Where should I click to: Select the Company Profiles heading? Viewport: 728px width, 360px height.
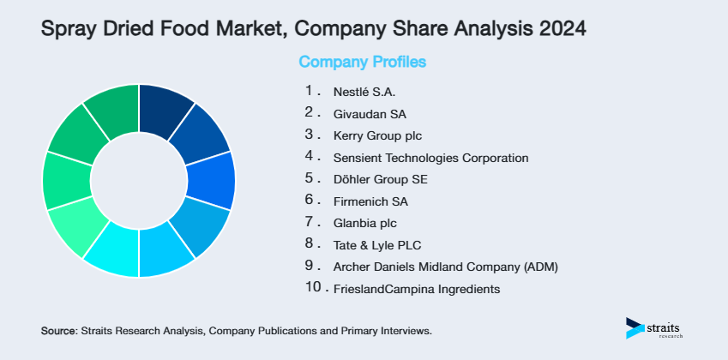click(362, 62)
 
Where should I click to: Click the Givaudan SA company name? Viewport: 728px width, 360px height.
click(370, 113)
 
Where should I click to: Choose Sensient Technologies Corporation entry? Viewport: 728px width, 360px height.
click(430, 158)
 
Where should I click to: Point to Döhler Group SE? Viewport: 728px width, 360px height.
click(380, 180)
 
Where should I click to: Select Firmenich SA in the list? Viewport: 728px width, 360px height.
click(370, 202)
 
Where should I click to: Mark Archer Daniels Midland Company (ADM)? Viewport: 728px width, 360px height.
click(445, 267)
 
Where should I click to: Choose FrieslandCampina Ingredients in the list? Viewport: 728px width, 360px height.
click(416, 290)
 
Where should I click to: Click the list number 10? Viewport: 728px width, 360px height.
click(313, 289)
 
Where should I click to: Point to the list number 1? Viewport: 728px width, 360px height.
click(309, 90)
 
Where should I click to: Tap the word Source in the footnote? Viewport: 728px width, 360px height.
click(58, 330)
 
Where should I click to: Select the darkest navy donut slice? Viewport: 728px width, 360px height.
click(162, 109)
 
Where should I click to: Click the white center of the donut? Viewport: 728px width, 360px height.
click(139, 181)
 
